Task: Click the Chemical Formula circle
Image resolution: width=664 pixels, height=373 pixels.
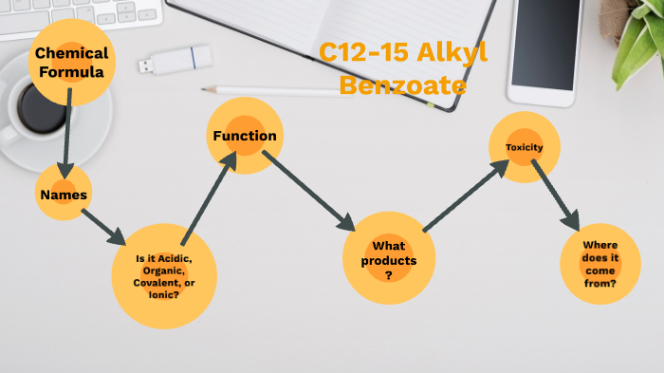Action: click(x=72, y=62)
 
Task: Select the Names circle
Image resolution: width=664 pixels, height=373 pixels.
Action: click(x=64, y=195)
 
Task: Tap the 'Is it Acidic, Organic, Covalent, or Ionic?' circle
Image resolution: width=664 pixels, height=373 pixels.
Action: click(x=164, y=275)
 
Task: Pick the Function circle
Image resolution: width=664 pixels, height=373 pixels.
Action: click(x=245, y=136)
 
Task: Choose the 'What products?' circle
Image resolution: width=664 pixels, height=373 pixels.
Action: click(x=389, y=259)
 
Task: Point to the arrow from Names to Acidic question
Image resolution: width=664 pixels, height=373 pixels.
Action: click(x=102, y=226)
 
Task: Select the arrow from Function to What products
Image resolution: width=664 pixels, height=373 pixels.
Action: click(x=308, y=191)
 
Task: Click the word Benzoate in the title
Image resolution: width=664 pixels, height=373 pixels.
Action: click(x=402, y=86)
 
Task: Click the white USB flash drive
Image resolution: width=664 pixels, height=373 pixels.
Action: click(x=175, y=61)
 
